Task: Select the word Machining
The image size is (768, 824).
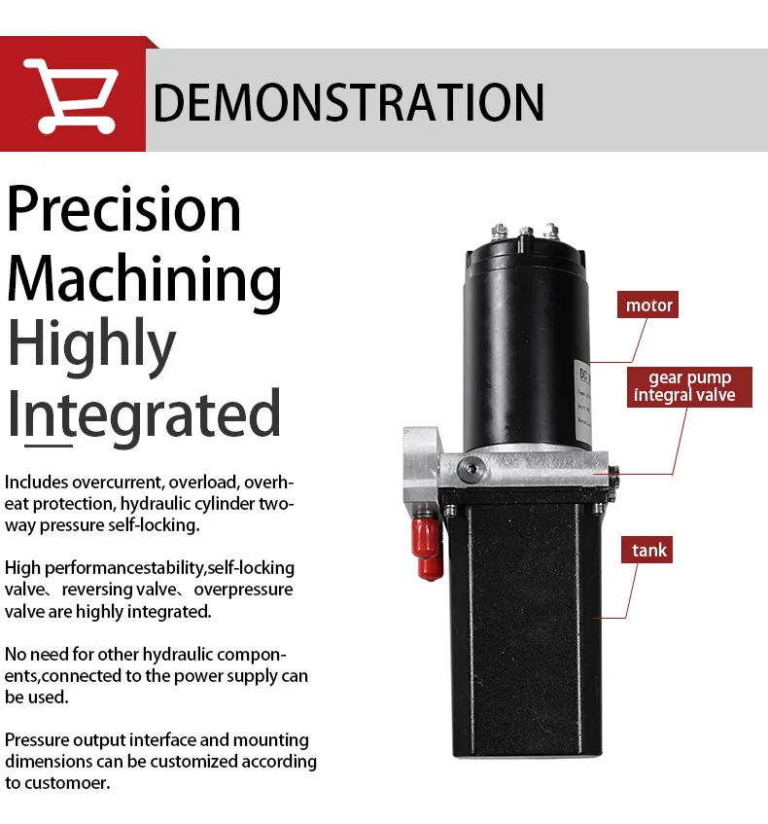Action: point(144,278)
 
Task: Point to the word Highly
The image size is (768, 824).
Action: point(91,345)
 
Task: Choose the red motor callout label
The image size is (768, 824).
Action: point(648,305)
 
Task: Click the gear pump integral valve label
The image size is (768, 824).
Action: point(683,386)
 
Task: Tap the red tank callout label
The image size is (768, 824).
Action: point(649,551)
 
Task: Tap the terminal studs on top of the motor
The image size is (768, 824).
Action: point(526,231)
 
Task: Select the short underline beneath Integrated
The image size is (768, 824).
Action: point(49,446)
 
